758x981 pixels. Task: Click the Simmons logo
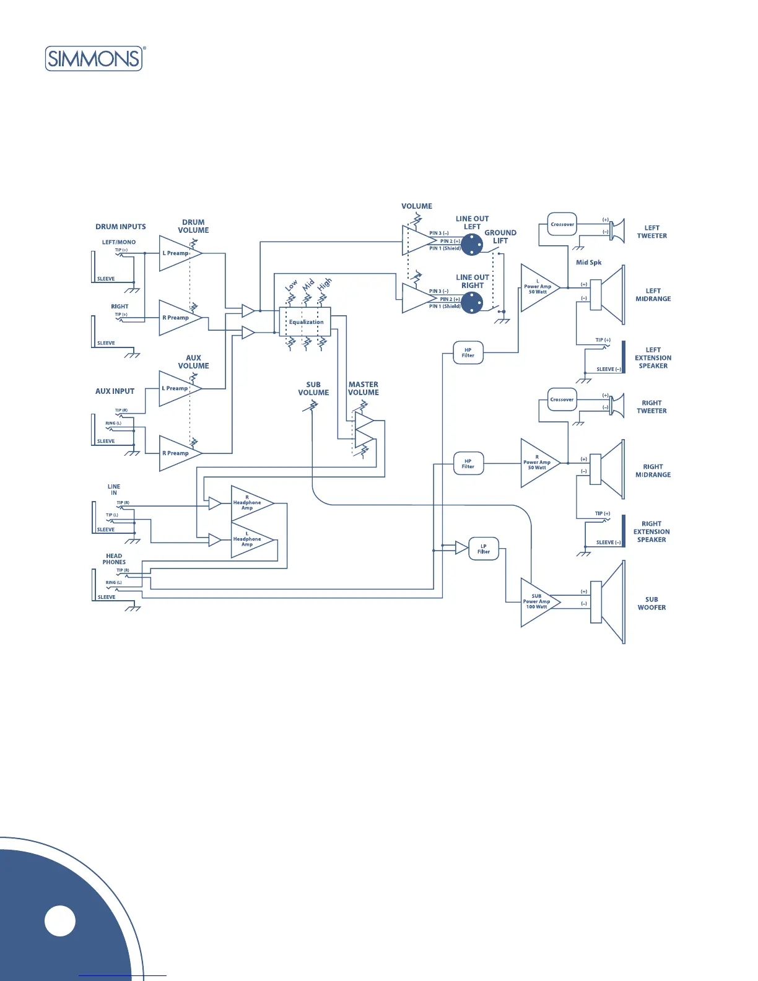point(94,59)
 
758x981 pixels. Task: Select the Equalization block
point(305,322)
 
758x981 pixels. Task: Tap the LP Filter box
point(484,549)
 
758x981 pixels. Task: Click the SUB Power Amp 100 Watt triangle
point(538,602)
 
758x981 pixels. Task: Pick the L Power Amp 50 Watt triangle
point(538,288)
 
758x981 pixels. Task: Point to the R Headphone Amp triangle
point(249,503)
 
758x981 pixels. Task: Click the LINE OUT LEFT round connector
point(472,245)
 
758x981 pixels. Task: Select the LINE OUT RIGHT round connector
point(472,303)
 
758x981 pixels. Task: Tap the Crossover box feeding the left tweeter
point(562,224)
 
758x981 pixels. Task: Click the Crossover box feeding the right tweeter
point(562,399)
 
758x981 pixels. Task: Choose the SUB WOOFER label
point(651,604)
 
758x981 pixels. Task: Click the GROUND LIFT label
point(500,237)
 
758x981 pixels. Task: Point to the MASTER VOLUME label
point(363,388)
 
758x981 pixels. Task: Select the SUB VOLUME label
point(313,388)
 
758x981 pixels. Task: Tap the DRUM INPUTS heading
point(121,227)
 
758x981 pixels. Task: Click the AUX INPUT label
point(115,391)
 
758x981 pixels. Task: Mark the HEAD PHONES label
point(114,559)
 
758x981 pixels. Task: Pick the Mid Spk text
point(588,263)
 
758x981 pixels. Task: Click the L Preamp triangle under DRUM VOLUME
point(178,253)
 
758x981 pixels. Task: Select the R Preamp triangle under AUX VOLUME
point(178,453)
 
